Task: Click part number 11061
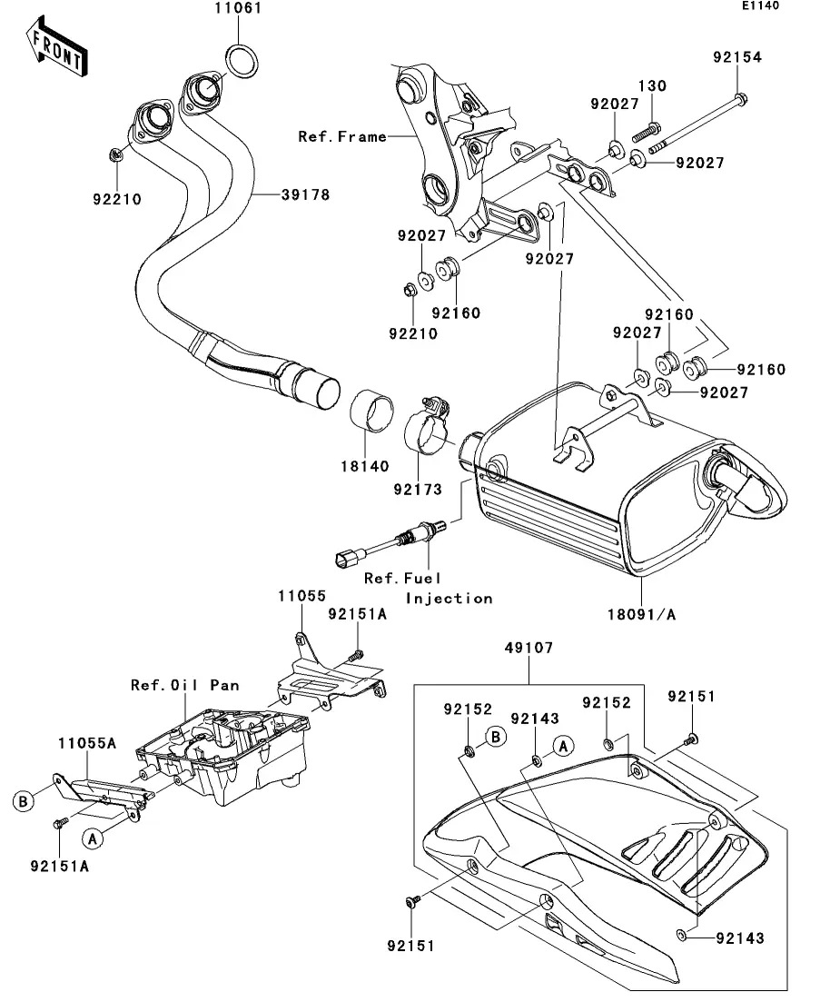213,10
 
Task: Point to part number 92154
736,56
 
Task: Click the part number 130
653,85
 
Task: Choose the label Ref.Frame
341,137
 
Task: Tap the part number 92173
418,490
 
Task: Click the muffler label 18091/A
642,614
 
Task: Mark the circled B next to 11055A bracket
25,800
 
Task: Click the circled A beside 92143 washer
563,746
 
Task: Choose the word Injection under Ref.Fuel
449,598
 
